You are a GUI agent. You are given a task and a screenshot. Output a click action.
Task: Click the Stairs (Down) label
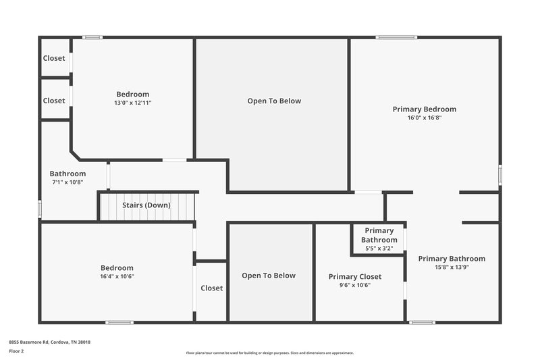point(146,205)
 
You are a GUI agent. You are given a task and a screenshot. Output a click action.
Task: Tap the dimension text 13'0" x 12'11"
point(133,103)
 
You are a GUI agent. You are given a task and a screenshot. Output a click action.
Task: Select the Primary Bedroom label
point(424,109)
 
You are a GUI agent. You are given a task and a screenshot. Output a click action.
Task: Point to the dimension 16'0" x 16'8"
point(424,118)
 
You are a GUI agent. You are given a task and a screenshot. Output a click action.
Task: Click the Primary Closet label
point(354,276)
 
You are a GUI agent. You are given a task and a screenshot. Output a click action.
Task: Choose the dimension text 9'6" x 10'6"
point(354,285)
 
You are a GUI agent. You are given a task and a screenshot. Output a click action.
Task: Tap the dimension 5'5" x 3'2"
point(379,249)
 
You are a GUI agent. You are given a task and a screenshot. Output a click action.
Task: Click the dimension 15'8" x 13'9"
point(451,267)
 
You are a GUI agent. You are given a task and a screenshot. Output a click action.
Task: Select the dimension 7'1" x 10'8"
point(67,182)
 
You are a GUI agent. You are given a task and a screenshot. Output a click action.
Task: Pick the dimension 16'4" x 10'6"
point(117,276)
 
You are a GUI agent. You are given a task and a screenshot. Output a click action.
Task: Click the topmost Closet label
point(54,58)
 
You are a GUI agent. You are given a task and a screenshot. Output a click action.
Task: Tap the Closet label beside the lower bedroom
point(211,288)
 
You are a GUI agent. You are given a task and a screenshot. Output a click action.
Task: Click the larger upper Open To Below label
point(274,101)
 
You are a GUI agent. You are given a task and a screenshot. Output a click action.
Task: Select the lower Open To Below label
point(269,275)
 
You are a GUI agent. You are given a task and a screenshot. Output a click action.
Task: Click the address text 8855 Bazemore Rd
point(49,342)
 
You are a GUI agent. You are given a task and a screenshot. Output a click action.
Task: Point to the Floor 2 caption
point(16,351)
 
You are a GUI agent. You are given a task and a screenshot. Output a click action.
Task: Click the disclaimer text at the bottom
point(269,353)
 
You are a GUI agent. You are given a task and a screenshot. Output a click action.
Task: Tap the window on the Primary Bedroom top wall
point(396,37)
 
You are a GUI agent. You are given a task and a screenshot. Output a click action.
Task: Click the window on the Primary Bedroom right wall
point(500,174)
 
